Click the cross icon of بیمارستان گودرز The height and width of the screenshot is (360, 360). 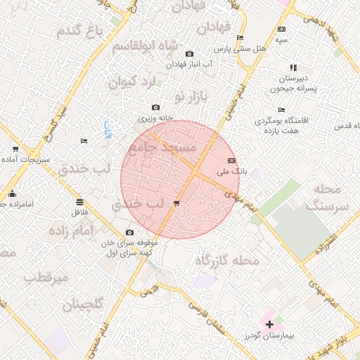point(269,323)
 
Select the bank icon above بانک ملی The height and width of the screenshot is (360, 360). point(232,161)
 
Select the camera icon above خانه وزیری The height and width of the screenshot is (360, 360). point(155,108)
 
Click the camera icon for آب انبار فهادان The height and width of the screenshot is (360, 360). point(189,54)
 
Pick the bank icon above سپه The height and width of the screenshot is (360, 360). point(281,30)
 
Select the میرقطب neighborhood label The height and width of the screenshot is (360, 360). point(46,277)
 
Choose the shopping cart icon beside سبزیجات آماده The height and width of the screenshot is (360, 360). point(15,149)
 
